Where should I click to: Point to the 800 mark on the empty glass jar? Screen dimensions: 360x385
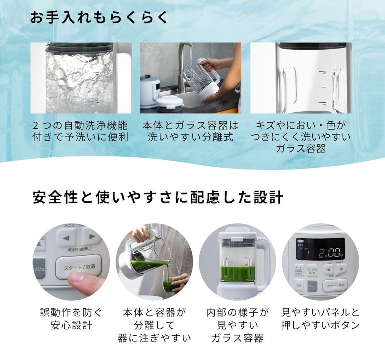click(x=324, y=73)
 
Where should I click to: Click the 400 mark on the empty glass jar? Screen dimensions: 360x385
click(x=324, y=105)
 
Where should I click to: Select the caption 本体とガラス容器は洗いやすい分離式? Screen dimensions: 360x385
click(x=190, y=131)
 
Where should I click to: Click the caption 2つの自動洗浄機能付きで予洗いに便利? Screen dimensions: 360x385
click(x=80, y=131)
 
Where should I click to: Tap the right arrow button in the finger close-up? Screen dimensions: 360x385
click(x=92, y=237)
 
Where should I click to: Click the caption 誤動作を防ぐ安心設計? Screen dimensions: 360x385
click(x=71, y=319)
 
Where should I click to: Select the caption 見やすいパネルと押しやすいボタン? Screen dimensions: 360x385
click(x=320, y=319)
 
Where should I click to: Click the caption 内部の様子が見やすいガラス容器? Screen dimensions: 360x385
click(x=237, y=325)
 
